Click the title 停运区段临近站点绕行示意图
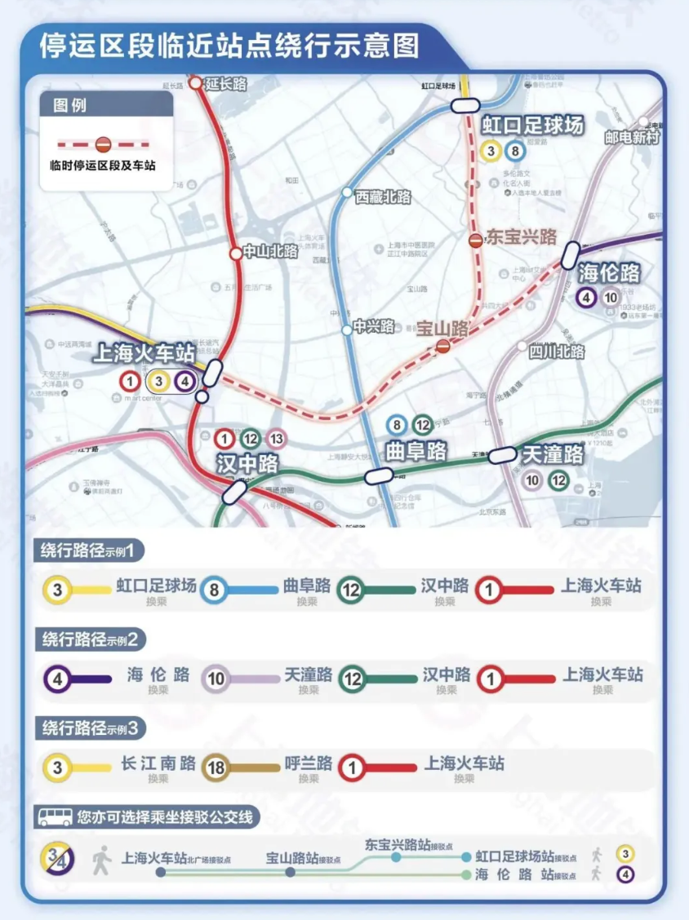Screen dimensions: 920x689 click(x=229, y=45)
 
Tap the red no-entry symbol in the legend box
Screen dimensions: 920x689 click(x=104, y=144)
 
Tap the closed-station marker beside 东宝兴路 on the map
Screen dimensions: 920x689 click(x=475, y=239)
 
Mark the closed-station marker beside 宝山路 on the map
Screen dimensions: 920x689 click(x=442, y=347)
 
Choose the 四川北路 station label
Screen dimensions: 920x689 click(x=556, y=352)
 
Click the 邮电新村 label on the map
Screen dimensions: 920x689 click(x=632, y=137)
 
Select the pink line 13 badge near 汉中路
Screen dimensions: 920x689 click(x=277, y=438)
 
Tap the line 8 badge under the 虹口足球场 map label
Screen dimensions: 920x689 click(x=514, y=150)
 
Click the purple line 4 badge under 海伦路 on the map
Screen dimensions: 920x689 click(x=585, y=298)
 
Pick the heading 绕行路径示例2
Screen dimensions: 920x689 click(x=90, y=639)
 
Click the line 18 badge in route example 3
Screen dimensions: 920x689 click(x=216, y=767)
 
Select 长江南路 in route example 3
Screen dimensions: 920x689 click(x=158, y=764)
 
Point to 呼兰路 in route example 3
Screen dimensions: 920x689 click(x=308, y=764)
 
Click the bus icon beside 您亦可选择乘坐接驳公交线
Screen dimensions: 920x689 click(x=55, y=816)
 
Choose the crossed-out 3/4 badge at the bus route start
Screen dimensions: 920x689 click(x=58, y=859)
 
